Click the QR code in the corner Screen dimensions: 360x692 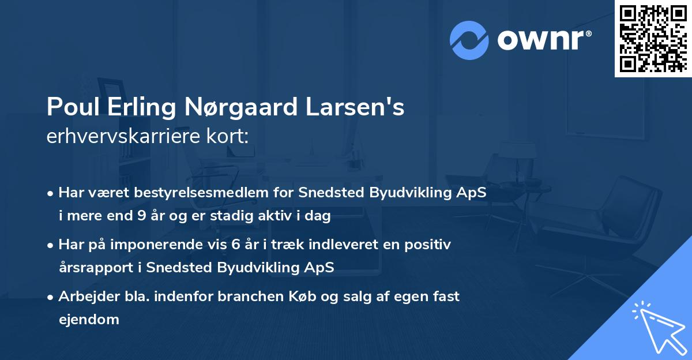pos(653,38)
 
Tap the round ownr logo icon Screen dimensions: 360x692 pos(469,40)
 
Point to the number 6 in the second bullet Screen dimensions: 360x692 pos(235,245)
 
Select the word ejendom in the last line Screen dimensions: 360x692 pos(89,319)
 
